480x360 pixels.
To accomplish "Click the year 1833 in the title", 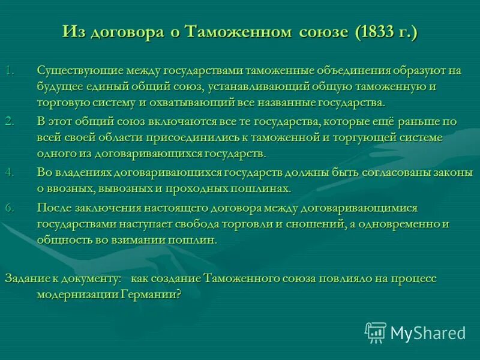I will [x=377, y=31].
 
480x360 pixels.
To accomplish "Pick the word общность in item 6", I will [x=61, y=240].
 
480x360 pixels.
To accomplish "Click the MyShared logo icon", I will [x=376, y=331].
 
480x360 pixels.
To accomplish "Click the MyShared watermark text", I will [x=428, y=332].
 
